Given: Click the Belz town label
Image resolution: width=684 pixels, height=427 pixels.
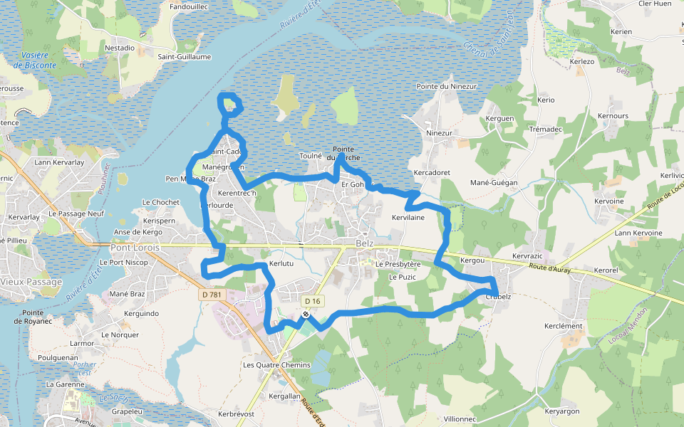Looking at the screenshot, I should (364, 243).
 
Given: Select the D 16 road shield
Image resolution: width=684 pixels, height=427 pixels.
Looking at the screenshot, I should (312, 301).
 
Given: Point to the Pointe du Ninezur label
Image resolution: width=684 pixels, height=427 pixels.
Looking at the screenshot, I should (446, 86).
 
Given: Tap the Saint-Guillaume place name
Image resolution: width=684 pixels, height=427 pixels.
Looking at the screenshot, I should (184, 56).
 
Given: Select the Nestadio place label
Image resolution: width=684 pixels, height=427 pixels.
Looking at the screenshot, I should (120, 48).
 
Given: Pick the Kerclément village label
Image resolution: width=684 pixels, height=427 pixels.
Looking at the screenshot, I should (563, 326).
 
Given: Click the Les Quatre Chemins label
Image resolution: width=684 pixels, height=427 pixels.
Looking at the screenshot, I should (276, 365).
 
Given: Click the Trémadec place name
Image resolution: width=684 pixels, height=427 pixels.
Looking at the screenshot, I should (546, 129).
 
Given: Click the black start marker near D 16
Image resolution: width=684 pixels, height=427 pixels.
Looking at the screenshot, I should (306, 314).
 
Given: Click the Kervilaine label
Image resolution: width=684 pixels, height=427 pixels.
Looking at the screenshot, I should (408, 217).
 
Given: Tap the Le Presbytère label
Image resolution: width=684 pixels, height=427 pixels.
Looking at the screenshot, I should (399, 264).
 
